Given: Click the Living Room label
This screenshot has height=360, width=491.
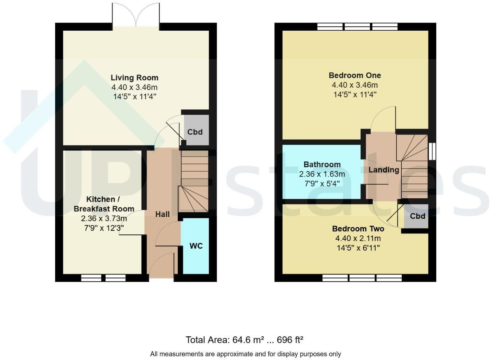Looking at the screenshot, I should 134,78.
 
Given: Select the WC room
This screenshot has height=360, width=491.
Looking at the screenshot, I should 196,246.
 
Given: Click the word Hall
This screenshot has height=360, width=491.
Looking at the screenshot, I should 163,214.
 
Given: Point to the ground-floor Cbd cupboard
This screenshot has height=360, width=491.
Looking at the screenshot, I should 195,132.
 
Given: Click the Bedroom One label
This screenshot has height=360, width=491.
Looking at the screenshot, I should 355,75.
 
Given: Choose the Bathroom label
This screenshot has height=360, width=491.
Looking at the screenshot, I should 322,164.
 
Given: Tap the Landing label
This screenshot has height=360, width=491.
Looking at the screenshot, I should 383,170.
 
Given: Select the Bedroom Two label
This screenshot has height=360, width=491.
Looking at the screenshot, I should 358,228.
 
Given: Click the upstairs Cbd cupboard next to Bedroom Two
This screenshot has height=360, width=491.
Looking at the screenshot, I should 417,216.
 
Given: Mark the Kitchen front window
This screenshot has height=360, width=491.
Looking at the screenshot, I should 104,278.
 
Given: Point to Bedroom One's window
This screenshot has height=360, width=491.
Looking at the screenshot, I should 357,27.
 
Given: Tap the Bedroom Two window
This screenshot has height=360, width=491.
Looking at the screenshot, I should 362,278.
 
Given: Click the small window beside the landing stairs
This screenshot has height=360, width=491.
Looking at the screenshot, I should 432,151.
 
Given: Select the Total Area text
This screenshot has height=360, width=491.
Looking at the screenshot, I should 245,340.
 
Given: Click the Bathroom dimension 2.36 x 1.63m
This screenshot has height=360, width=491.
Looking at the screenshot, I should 322,174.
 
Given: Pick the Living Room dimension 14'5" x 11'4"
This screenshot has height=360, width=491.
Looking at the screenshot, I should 135,97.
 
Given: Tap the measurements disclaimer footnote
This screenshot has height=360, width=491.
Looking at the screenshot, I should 245,354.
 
